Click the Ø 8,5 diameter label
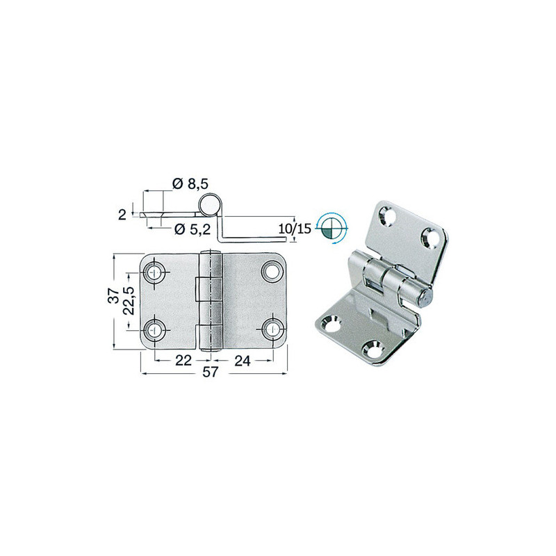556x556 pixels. pyautogui.click(x=190, y=184)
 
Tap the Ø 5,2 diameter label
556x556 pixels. pyautogui.click(x=193, y=229)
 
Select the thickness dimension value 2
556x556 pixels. pyautogui.click(x=122, y=215)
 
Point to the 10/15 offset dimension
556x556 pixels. pyautogui.click(x=294, y=229)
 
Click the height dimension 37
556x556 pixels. pyautogui.click(x=113, y=295)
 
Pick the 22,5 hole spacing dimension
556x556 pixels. pyautogui.click(x=129, y=301)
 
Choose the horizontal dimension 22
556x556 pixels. pyautogui.click(x=183, y=360)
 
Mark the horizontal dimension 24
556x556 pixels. pyautogui.click(x=243, y=360)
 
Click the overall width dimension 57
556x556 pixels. pyautogui.click(x=210, y=373)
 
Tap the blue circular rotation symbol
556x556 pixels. pyautogui.click(x=332, y=229)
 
